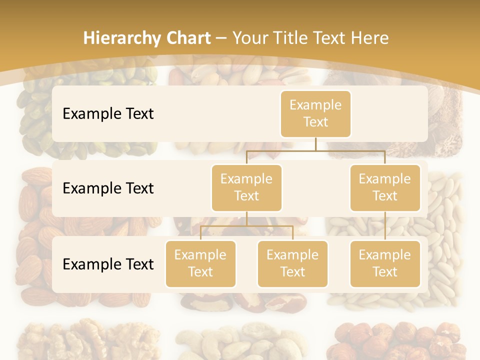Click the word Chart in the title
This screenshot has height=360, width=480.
tap(186, 38)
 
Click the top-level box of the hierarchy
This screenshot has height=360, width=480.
tap(315, 113)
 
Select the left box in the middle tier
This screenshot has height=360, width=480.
tap(246, 187)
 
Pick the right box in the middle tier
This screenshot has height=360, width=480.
tap(385, 187)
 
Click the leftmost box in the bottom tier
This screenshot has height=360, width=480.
tap(200, 263)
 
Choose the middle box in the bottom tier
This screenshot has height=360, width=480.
tap(292, 263)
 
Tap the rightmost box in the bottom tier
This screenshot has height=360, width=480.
tap(385, 263)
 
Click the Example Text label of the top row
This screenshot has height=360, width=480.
tap(108, 113)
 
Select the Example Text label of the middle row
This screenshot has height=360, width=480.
tap(108, 188)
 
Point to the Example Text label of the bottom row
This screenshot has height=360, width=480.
tap(108, 264)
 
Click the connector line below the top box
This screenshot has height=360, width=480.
tap(315, 144)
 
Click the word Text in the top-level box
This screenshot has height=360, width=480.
tap(315, 122)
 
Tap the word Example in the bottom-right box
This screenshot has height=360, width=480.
tap(385, 255)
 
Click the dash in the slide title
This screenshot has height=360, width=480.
tap(221, 38)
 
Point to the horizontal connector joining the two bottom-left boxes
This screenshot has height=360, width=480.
tap(246, 226)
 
